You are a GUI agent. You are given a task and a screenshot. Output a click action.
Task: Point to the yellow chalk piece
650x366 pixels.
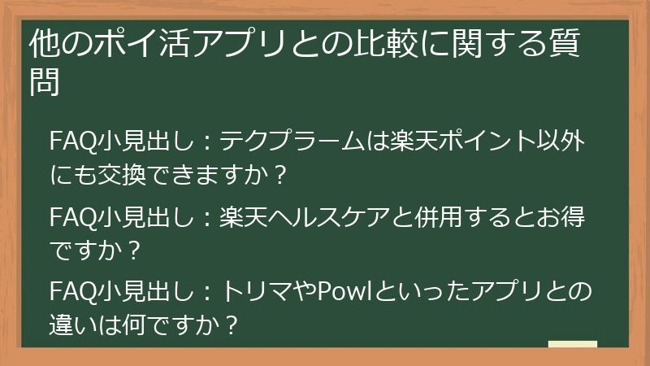(x=573, y=344)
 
